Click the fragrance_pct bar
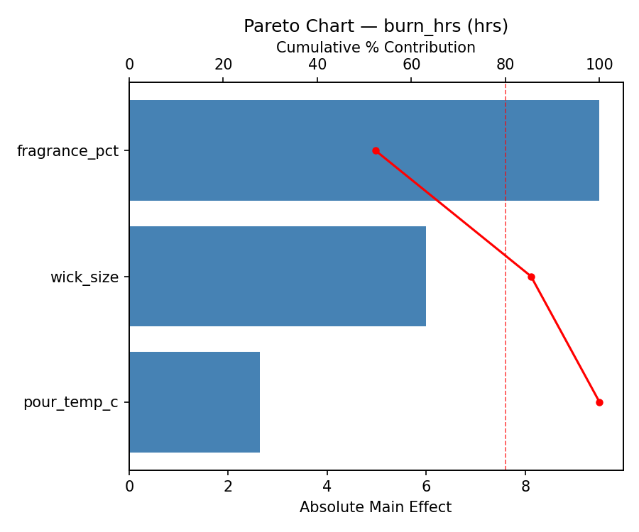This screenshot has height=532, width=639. (364, 150)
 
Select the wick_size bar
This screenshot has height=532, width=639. (277, 277)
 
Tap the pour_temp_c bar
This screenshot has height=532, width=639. (194, 402)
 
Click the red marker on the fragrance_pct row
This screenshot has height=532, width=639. (376, 150)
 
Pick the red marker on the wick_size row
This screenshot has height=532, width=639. (531, 277)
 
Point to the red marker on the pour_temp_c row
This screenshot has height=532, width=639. (599, 402)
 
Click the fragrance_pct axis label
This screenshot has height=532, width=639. (67, 151)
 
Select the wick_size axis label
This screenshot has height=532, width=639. (84, 277)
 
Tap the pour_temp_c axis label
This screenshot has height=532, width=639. (70, 403)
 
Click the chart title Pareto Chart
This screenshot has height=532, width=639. (376, 26)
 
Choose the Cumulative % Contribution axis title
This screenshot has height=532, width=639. (376, 48)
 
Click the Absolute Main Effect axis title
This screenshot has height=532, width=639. (376, 507)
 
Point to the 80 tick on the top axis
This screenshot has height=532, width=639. (506, 65)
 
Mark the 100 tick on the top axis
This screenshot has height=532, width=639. (599, 65)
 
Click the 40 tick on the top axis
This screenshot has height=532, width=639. (317, 65)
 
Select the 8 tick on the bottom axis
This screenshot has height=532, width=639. (525, 487)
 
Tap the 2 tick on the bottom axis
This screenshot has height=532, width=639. (228, 487)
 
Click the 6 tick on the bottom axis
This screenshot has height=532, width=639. (426, 487)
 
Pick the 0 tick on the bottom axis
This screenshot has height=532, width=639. (129, 487)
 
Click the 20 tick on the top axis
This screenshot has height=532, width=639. (223, 65)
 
